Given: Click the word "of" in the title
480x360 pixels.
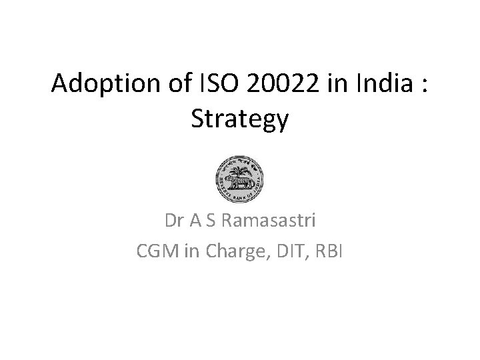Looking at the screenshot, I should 171,85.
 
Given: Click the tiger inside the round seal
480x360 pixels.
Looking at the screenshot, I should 237,182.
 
